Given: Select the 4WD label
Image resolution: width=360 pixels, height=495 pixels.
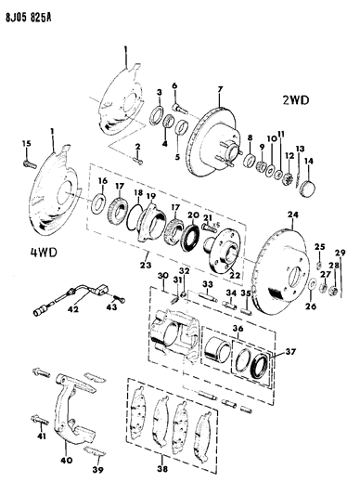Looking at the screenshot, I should pos(19,250).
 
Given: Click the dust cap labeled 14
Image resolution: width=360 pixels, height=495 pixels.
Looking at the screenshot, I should pos(310,189).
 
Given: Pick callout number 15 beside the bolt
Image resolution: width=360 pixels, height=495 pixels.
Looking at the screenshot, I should pos(26,140).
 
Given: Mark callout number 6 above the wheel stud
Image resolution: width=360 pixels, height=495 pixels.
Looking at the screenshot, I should pos(173,86).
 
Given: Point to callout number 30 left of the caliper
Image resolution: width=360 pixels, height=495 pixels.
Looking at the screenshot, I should pos(162,276).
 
